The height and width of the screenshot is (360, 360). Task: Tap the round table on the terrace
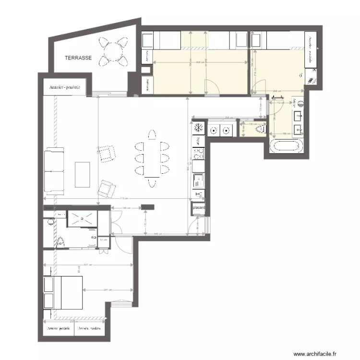(112, 50)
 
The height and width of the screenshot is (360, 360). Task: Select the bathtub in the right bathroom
(287, 146)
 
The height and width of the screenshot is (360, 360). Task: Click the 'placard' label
(199, 208)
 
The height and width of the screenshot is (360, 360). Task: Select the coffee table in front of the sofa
(83, 175)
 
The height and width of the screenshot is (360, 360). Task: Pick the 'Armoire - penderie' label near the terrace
(64, 88)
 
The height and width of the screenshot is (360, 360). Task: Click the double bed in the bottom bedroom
(63, 293)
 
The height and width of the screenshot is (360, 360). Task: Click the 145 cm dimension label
(124, 208)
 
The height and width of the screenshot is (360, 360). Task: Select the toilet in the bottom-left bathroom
(60, 242)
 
